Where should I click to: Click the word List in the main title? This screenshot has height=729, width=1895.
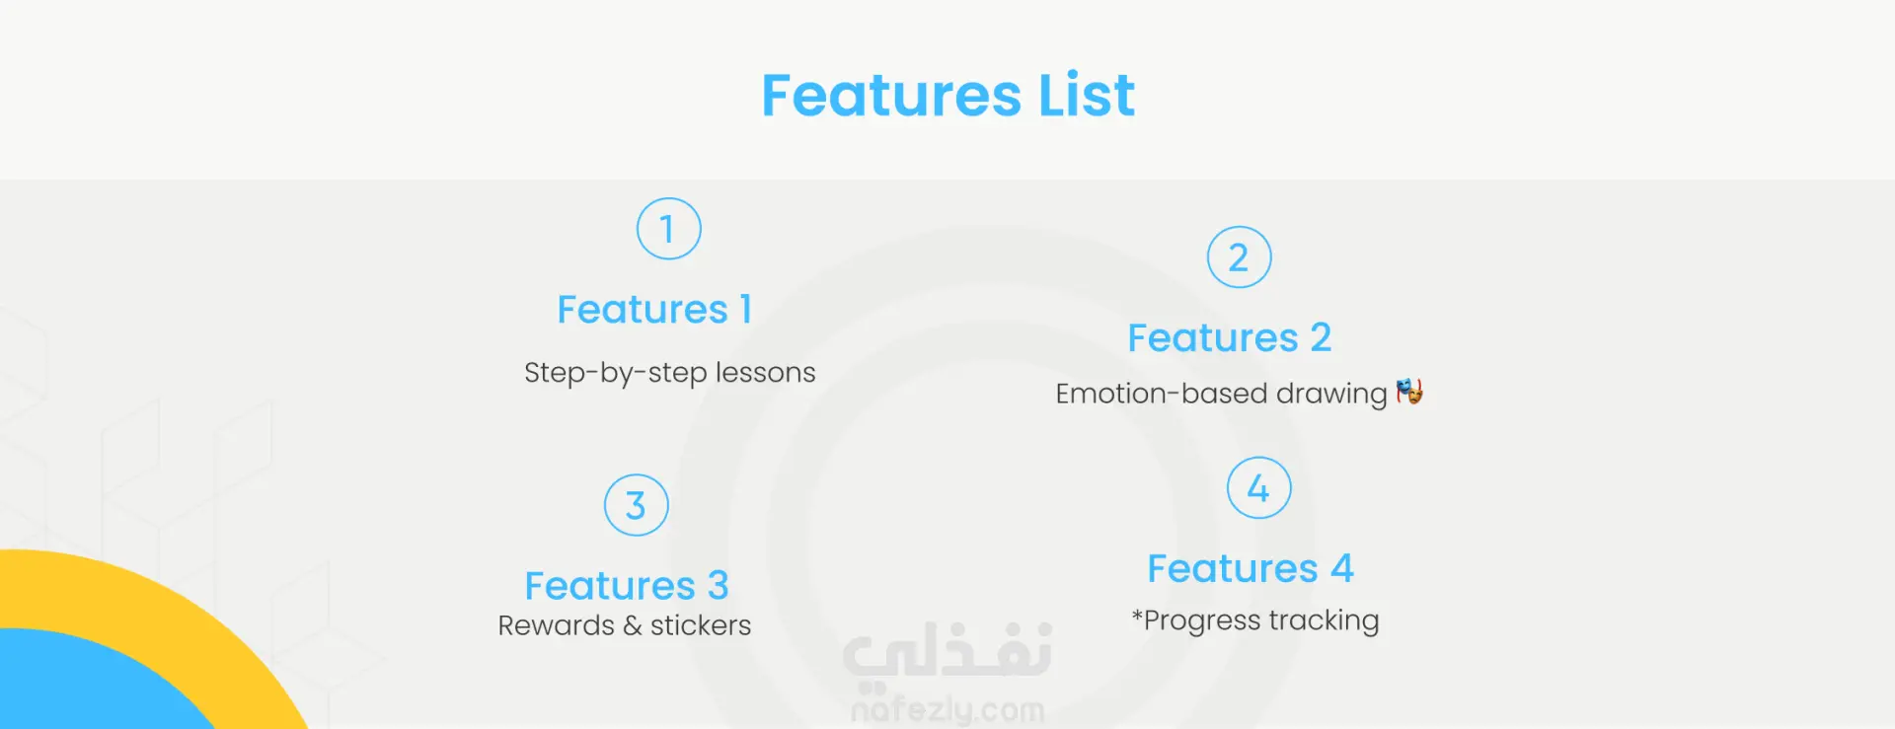1087,95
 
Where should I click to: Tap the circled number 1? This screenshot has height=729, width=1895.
669,229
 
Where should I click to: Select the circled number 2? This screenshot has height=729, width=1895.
1240,257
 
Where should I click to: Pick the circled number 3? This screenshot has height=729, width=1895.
637,505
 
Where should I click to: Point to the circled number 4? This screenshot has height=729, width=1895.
1259,488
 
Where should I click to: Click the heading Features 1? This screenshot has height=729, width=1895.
654,310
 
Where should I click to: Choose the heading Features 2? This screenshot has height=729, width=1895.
1230,338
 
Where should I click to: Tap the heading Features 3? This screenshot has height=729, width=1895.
627,586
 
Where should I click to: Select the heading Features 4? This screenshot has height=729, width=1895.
1251,568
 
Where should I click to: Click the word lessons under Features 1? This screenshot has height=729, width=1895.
765,372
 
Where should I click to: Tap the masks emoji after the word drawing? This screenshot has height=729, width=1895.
1409,392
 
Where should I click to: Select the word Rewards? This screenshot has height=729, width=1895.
556,625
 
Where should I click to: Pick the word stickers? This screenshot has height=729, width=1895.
700,625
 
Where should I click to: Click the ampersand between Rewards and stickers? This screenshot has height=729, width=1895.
632,625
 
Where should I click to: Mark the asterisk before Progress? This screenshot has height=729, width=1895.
1137,617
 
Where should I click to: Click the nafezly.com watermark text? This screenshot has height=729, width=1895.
947,709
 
